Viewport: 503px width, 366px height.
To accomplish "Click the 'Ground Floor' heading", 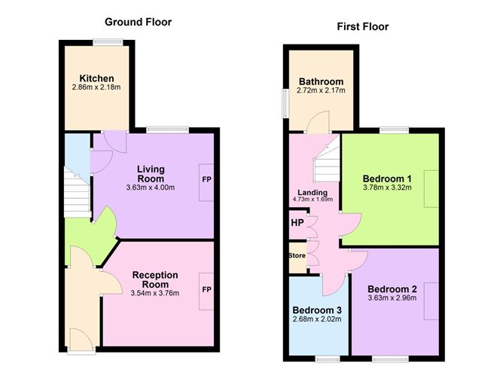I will pyautogui.click(x=138, y=22).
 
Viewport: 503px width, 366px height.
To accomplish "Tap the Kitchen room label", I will pyautogui.click(x=97, y=78).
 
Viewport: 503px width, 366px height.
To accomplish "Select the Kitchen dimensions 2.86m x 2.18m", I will pyautogui.click(x=97, y=88).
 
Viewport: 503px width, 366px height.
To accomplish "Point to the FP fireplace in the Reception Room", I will pyautogui.click(x=206, y=288).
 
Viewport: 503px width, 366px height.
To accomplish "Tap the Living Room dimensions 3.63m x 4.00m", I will pyautogui.click(x=151, y=188).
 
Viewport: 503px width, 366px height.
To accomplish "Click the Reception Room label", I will pyautogui.click(x=154, y=280).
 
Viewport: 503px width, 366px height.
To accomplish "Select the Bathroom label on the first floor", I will pyautogui.click(x=321, y=82).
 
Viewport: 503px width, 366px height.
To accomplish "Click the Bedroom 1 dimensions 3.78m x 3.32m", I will pyautogui.click(x=387, y=188).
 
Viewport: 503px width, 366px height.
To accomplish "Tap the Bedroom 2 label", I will pyautogui.click(x=392, y=288).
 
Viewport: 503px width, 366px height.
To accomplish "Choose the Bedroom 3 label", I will pyautogui.click(x=317, y=310).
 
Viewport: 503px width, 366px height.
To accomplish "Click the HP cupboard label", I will pyautogui.click(x=297, y=223).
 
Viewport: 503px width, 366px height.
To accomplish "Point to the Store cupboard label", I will pyautogui.click(x=297, y=255).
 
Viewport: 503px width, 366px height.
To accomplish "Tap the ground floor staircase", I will pyautogui.click(x=76, y=193).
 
